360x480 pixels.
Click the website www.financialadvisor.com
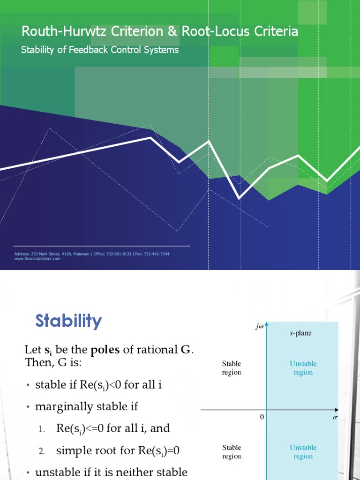point(37,259)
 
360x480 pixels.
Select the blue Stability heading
point(68,321)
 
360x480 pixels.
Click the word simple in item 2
point(72,451)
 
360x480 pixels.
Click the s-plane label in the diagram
point(300,334)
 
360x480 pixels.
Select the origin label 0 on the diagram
point(262,416)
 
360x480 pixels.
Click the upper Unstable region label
point(303,368)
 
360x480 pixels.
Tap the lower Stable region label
point(232,452)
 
